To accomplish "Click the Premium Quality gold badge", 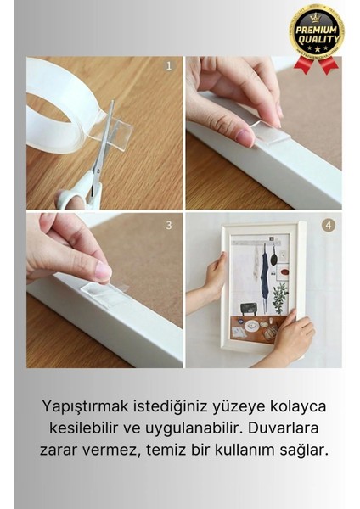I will [316, 34].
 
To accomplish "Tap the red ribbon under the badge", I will [316, 64].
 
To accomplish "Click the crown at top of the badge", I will [316, 14].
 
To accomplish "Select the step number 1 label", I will [168, 64].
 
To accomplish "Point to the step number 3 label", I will [168, 225].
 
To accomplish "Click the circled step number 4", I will [328, 226].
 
